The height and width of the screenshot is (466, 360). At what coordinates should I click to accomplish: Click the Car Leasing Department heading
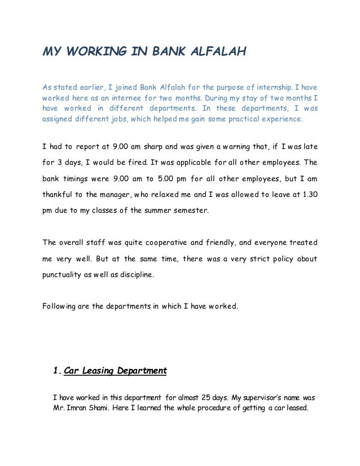(x=115, y=371)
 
